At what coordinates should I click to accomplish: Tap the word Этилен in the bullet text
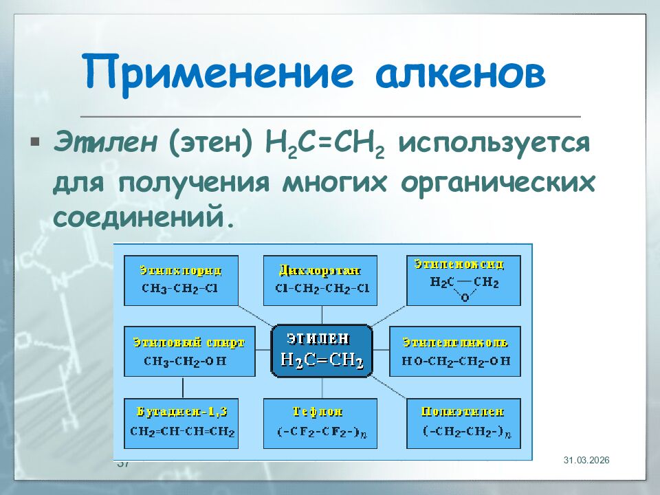click(x=103, y=145)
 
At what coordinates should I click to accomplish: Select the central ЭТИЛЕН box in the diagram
click(x=322, y=351)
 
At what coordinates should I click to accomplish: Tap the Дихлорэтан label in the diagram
click(x=320, y=269)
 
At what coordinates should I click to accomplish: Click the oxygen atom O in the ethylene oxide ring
click(x=464, y=297)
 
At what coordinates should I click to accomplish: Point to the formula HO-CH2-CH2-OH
click(x=456, y=360)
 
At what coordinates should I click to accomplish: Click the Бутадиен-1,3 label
click(x=182, y=412)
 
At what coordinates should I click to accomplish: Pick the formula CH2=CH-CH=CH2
click(x=182, y=432)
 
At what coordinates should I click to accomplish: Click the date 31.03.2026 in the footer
click(x=586, y=460)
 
